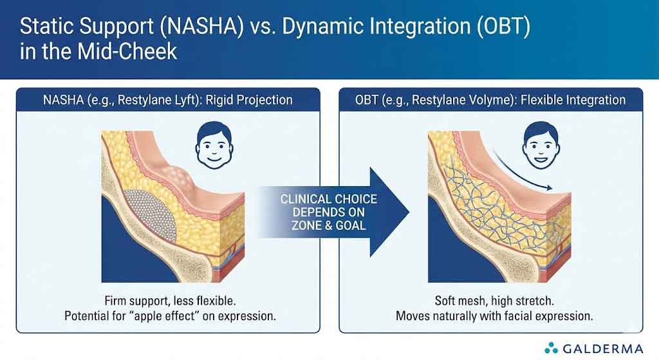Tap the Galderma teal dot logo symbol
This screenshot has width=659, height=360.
click(552, 348)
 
